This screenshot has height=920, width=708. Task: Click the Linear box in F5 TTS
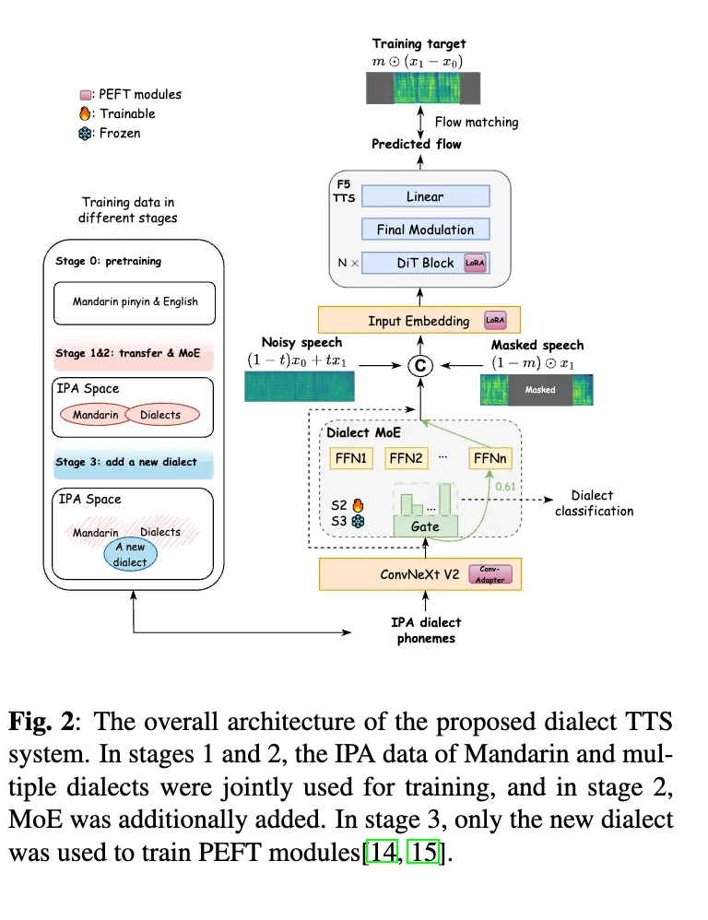click(425, 196)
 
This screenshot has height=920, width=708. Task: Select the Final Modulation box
click(425, 230)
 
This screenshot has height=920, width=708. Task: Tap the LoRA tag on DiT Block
click(476, 263)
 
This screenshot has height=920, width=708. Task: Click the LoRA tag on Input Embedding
click(495, 321)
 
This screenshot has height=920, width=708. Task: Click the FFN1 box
click(350, 457)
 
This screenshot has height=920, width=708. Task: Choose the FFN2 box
click(406, 457)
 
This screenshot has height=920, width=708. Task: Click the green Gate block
click(425, 526)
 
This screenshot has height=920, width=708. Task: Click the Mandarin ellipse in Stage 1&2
click(96, 415)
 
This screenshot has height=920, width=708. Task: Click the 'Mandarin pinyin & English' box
click(136, 301)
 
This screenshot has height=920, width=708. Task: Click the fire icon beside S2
click(360, 505)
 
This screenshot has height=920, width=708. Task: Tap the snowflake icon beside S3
click(360, 522)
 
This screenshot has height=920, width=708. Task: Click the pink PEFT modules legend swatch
click(86, 94)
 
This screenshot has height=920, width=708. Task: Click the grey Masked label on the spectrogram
click(540, 390)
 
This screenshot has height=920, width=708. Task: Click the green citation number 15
click(424, 853)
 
